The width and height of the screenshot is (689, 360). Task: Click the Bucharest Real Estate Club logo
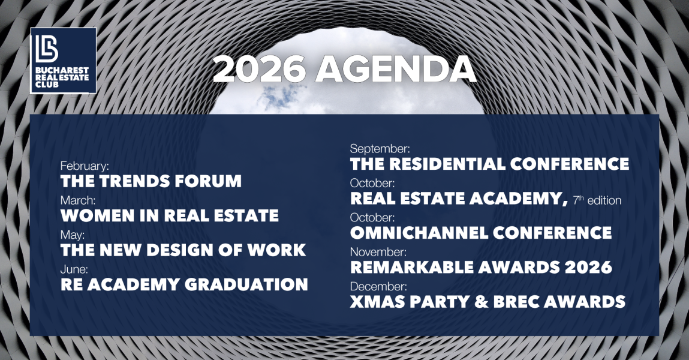coord(64,60)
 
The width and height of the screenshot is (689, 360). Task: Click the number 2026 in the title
coord(259,70)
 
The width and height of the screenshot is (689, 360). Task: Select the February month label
coord(85,166)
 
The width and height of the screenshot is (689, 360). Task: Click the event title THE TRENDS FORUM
coord(151,181)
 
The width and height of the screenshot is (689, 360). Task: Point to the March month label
coord(78,200)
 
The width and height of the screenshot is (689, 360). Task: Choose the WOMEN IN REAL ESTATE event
coord(170,215)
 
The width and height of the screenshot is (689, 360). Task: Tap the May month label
coord(73,235)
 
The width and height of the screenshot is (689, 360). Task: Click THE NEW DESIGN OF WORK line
coord(183,250)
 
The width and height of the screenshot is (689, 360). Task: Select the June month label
coord(74,269)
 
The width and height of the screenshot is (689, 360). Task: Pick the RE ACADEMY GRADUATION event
coord(184,284)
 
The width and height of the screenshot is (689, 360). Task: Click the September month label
coord(380,149)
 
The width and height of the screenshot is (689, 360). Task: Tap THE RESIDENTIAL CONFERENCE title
coord(489,164)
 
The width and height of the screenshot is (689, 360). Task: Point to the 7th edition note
coord(597,200)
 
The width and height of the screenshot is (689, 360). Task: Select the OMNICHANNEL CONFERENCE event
coord(481,233)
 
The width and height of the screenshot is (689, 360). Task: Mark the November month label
coord(378,252)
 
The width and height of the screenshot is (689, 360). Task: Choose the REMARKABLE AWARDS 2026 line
coord(481,267)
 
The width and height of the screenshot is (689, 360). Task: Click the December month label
coord(378,287)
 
